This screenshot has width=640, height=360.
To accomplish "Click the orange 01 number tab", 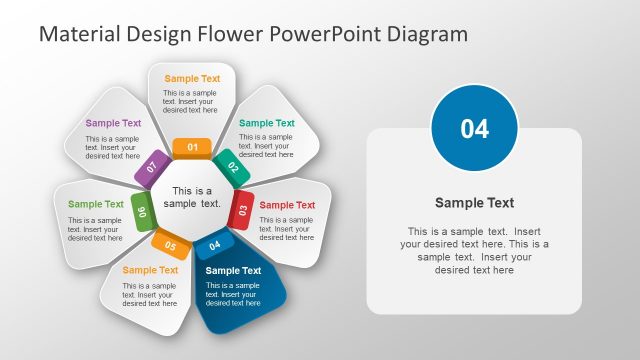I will pyautogui.click(x=192, y=148).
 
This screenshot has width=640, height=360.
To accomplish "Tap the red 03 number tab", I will pyautogui.click(x=241, y=210).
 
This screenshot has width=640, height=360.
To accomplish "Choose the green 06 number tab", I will pyautogui.click(x=142, y=211).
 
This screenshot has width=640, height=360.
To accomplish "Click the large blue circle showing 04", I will pyautogui.click(x=474, y=128).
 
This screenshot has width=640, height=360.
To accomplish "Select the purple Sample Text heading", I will pyautogui.click(x=113, y=124).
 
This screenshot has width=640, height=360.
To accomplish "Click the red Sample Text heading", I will pyautogui.click(x=287, y=205).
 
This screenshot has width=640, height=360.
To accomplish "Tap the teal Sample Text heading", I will pyautogui.click(x=267, y=124).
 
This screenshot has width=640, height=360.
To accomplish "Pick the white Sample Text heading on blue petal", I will pyautogui.click(x=233, y=270).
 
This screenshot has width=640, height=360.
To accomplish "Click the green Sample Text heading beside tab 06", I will pyautogui.click(x=96, y=204).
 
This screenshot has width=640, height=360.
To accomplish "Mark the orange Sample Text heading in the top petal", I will pyautogui.click(x=192, y=78).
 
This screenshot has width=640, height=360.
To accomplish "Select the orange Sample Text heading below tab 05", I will pyautogui.click(x=150, y=270).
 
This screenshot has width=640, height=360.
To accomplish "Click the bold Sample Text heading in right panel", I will pyautogui.click(x=474, y=203).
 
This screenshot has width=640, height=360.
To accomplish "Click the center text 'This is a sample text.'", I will pyautogui.click(x=192, y=197).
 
